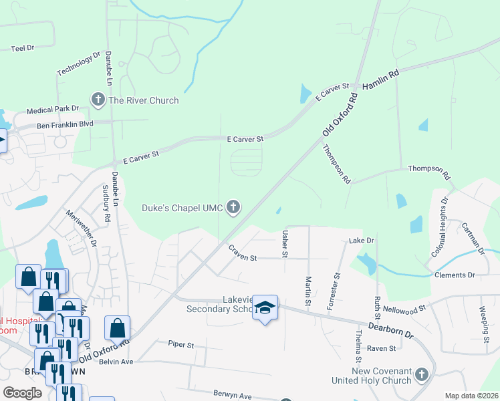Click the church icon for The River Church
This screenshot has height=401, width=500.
98,100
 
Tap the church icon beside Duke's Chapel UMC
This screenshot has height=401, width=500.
233,207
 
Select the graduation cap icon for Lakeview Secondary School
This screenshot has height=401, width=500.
265,307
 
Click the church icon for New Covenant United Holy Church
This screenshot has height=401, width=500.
421,374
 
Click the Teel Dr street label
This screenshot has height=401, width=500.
23,48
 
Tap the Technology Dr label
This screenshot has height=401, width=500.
78,64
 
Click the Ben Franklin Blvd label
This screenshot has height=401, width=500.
66,124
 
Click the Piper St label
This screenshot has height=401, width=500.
181,345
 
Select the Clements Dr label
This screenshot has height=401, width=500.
455,275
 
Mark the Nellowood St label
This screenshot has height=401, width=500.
404,309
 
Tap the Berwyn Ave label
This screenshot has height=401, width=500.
233,396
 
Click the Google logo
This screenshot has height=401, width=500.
22,392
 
